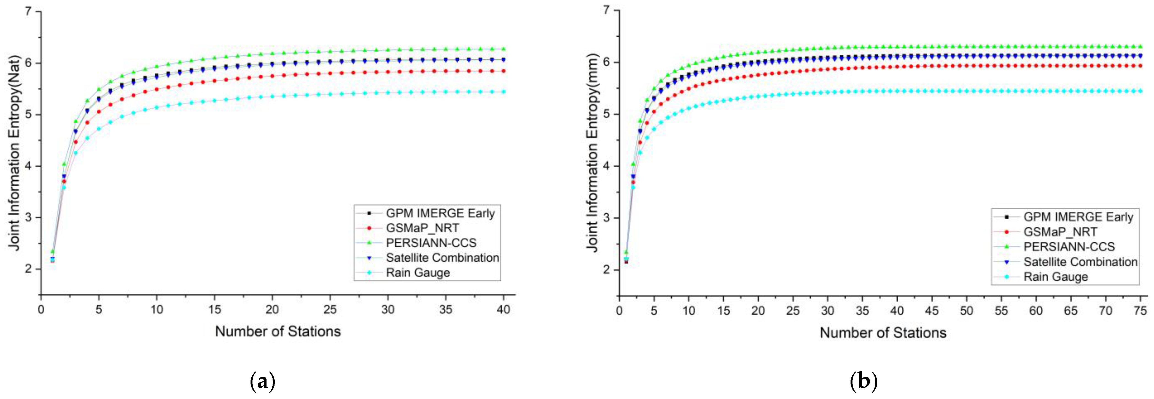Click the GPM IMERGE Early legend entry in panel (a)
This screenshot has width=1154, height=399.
[440, 213]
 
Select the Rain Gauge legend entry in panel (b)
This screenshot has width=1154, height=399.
[1055, 277]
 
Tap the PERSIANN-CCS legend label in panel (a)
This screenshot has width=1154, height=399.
[431, 243]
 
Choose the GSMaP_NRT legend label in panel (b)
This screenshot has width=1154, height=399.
[1060, 232]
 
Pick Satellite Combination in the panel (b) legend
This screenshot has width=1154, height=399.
[1080, 262]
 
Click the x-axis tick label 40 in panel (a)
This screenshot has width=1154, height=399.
[503, 310]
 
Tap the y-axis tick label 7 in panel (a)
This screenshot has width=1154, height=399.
[29, 11]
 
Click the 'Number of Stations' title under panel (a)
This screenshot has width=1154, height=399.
[278, 331]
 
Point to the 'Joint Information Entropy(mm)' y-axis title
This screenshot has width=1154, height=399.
[593, 153]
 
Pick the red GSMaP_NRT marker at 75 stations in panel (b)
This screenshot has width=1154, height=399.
[1140, 66]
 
